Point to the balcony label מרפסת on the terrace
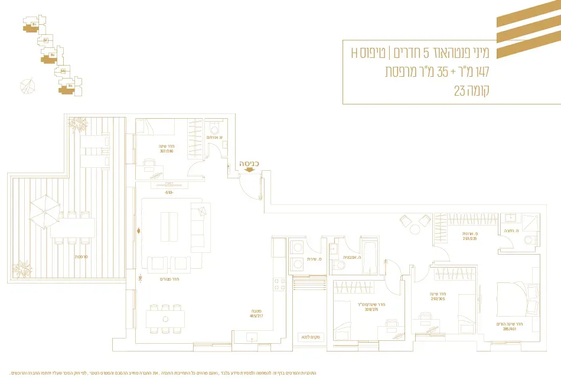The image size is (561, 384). (81, 256)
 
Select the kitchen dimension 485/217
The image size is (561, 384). (256, 315)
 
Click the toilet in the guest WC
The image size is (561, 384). (214, 129)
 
